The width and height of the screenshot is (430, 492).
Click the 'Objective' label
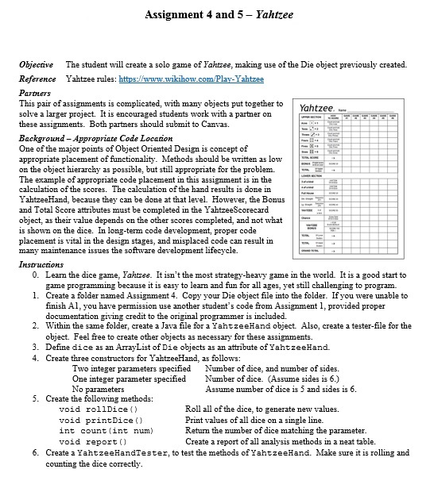37,64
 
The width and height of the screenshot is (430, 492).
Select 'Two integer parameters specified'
131,368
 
